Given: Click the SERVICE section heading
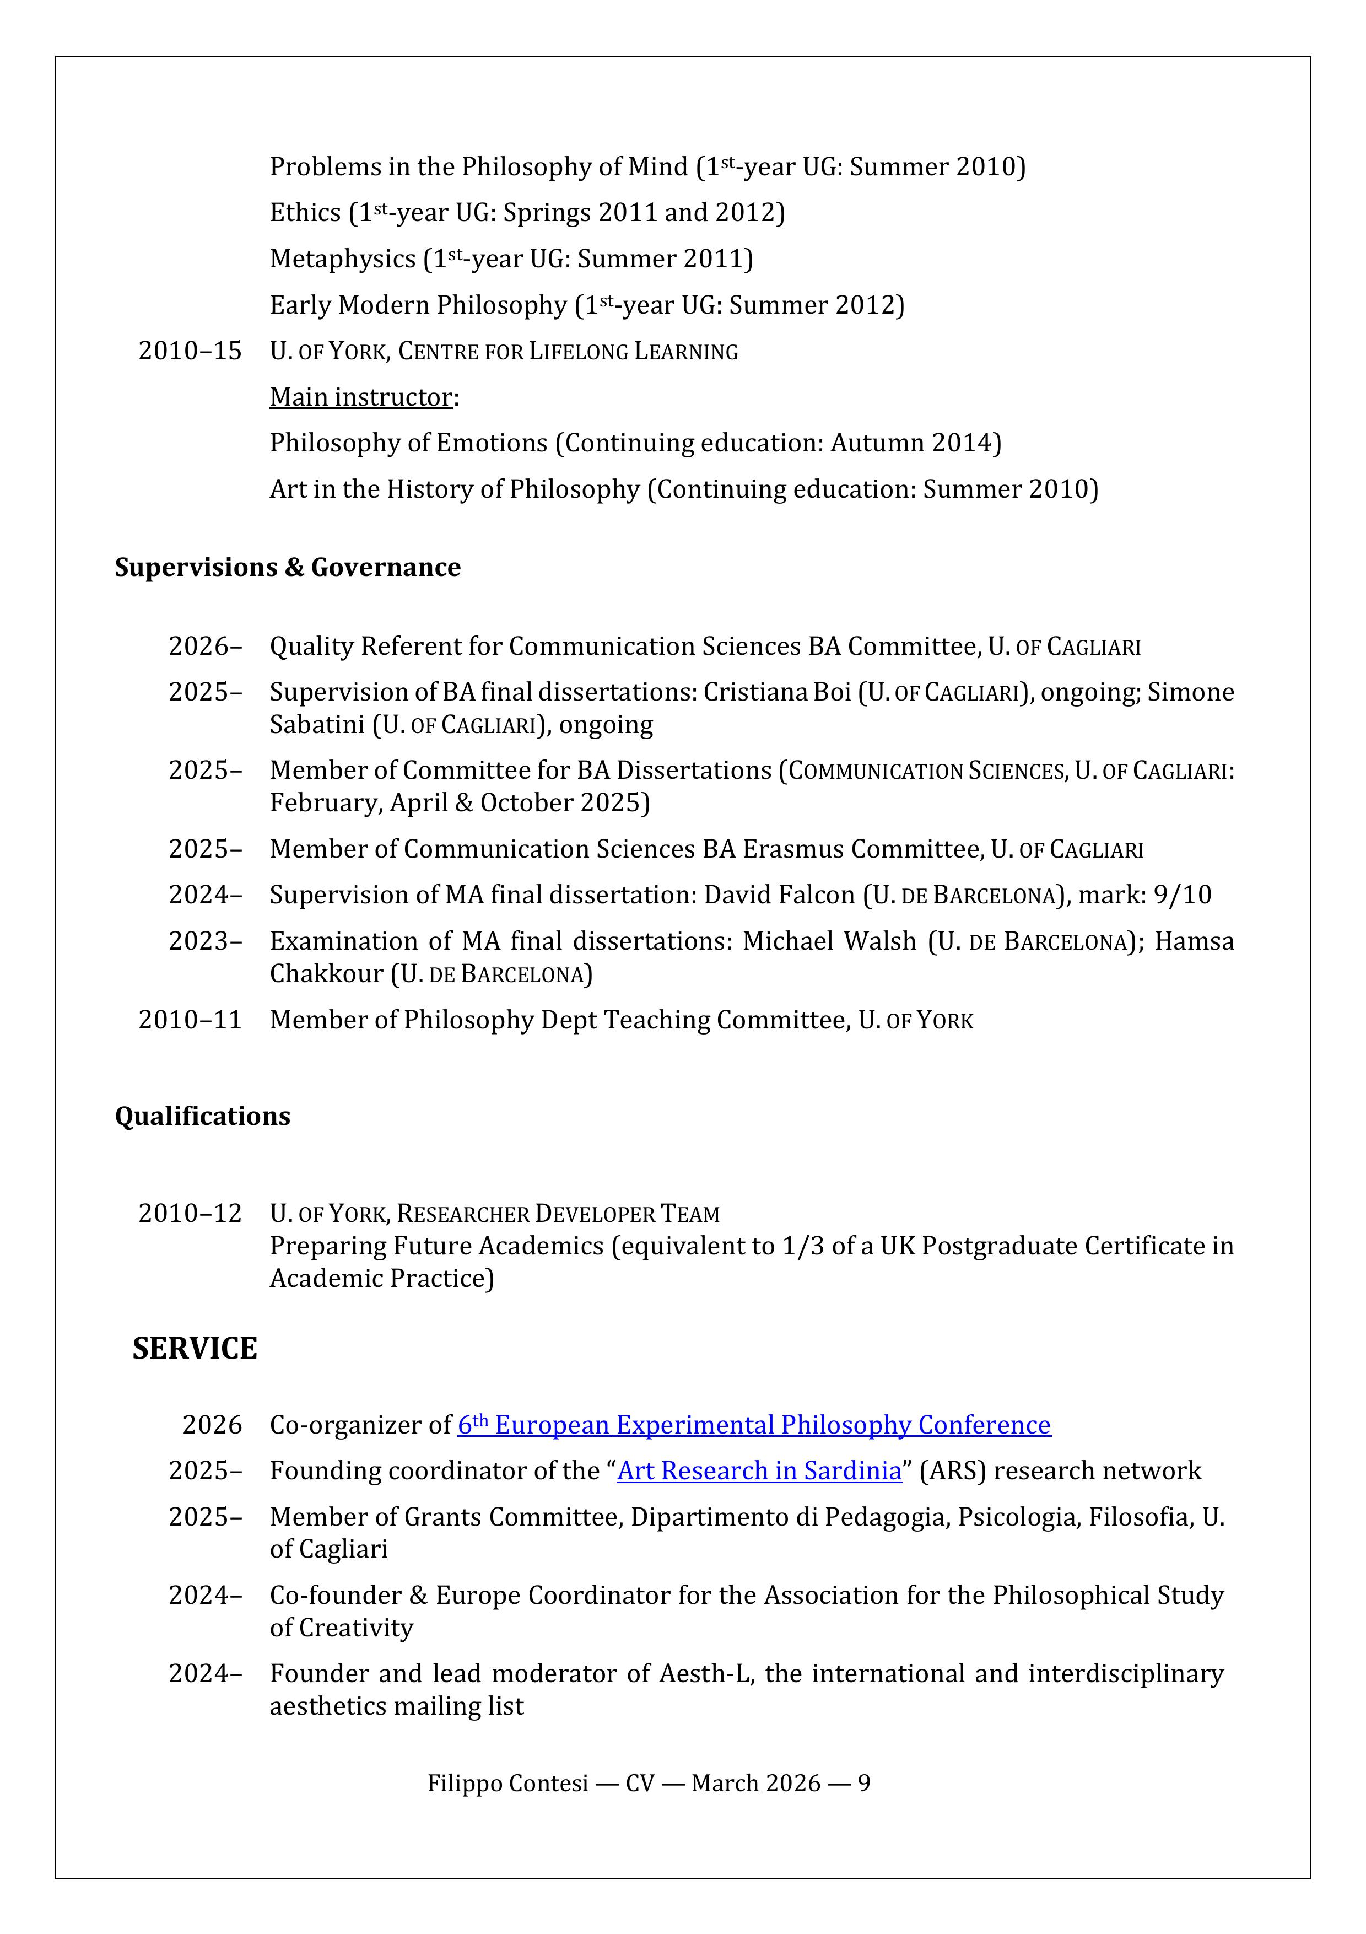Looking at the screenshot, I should coord(195,1349).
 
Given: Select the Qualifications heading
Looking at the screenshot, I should coord(202,1116).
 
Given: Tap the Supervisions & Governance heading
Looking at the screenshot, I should coord(287,568).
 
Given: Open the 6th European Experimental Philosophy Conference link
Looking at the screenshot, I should coord(754,1425).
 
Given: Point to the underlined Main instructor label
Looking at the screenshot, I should coord(360,397).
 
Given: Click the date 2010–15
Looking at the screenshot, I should coord(190,351).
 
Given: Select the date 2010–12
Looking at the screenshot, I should coord(190,1214).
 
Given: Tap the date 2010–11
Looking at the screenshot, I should coord(190,1020).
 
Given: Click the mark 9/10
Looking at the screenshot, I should coord(1183,895).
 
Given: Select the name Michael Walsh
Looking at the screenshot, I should coord(829,941).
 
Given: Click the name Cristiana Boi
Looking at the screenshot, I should coord(776,692).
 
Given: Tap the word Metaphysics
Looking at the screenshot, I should coord(342,258).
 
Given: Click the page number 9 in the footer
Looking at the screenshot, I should coord(864,1783).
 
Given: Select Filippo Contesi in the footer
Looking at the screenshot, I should coord(507,1783).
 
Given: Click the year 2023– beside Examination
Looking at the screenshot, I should coord(204,941).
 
